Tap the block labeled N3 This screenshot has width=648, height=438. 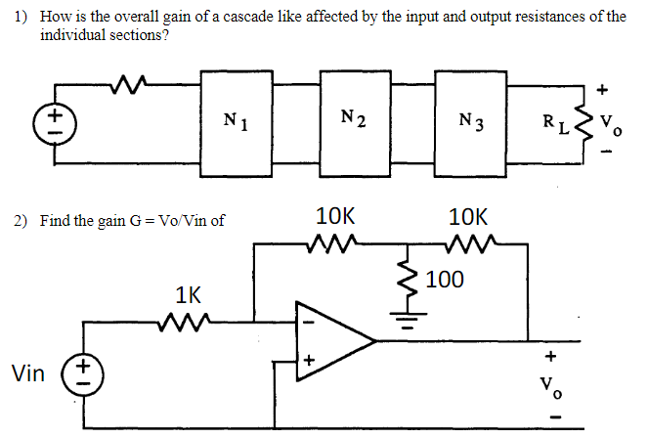[473, 122]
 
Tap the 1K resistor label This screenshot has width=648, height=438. [188, 293]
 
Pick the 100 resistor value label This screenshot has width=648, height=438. [445, 281]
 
